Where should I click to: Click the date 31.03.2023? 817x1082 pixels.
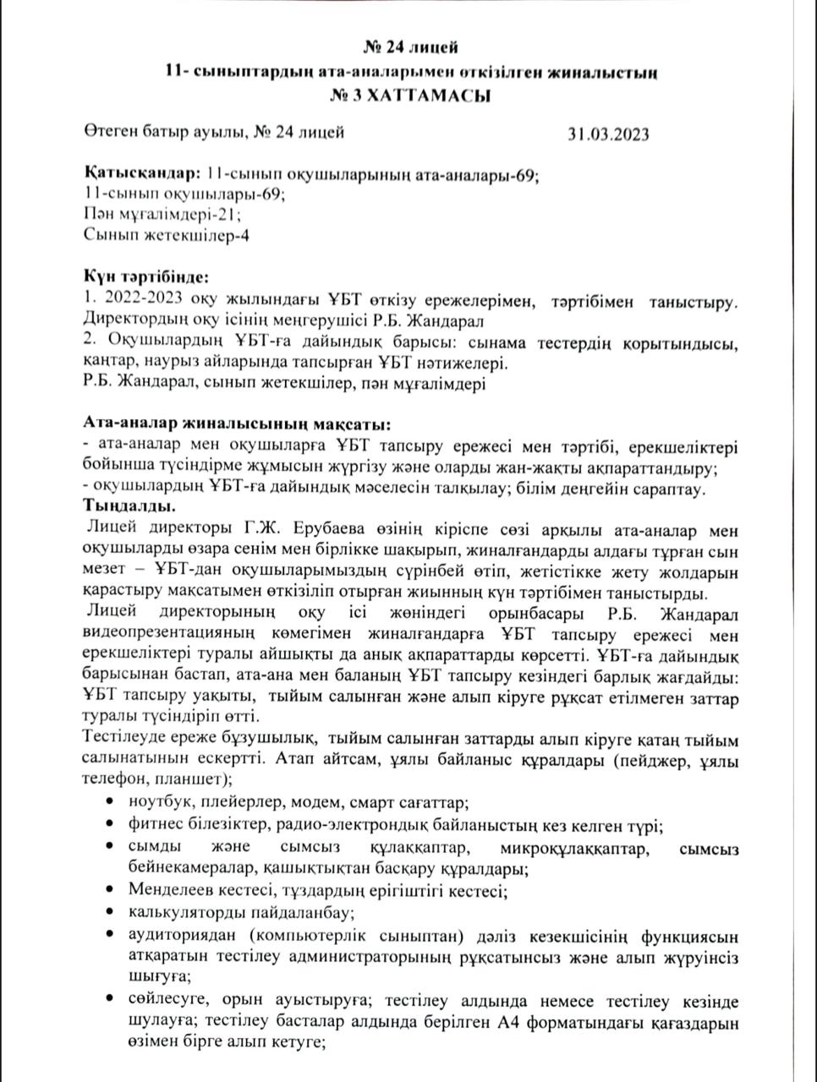click(x=608, y=134)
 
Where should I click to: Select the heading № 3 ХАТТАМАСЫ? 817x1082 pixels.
click(x=410, y=96)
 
